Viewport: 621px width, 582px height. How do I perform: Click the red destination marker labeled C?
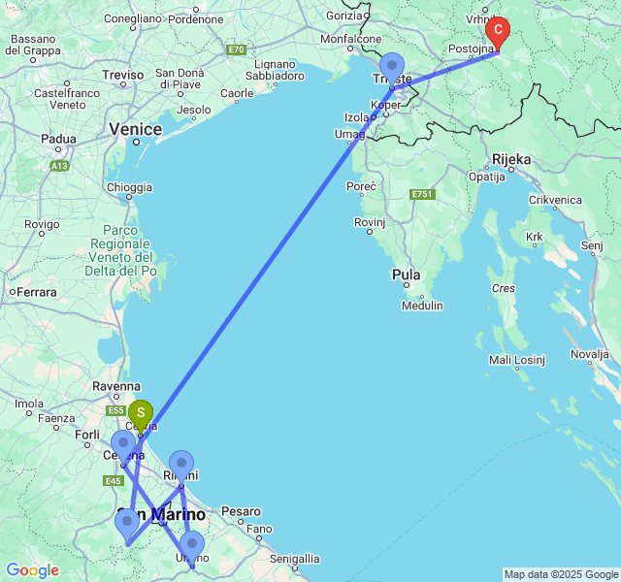498,32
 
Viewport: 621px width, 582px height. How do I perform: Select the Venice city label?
135,129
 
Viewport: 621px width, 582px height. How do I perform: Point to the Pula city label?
407,275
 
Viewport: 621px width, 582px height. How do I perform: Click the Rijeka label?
511,158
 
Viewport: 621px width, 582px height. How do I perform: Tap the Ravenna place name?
117,386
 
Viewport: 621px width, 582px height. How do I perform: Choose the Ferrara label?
37,292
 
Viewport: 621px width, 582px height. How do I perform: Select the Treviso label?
123,75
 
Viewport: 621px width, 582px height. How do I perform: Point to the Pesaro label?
242,510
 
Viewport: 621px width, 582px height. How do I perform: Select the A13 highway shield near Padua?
60,166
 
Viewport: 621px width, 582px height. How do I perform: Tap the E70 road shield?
236,49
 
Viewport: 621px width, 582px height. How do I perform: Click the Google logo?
32,569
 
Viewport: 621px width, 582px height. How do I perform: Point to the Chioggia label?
128,187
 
